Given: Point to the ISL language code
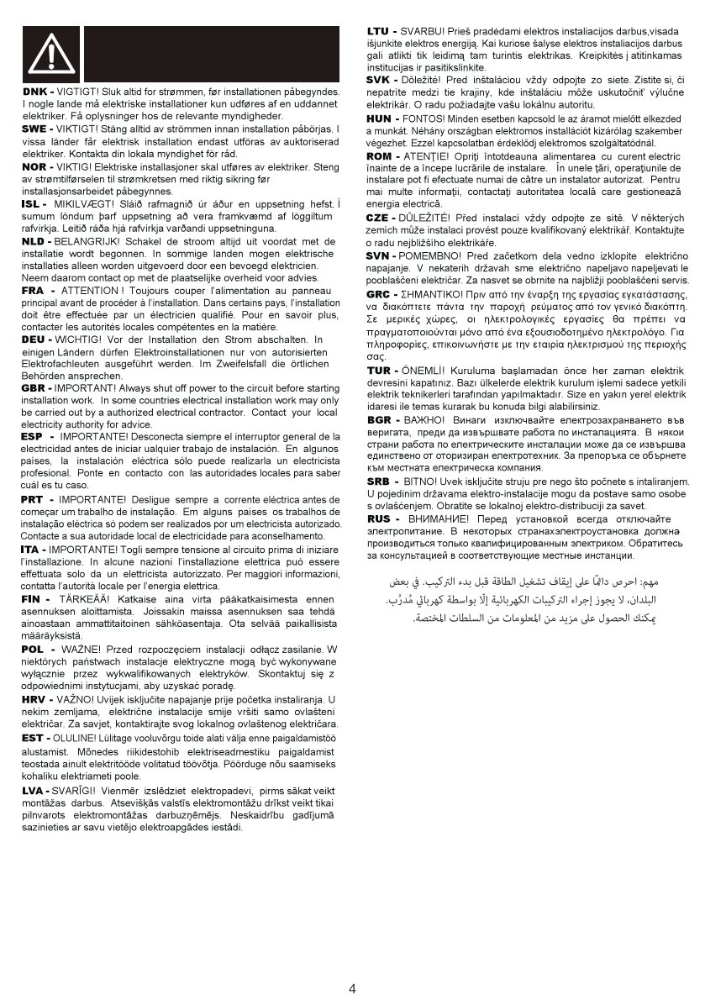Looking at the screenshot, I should pyautogui.click(x=33, y=204).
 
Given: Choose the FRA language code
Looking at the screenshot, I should pyautogui.click(x=34, y=289).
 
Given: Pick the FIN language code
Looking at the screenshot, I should pyautogui.click(x=33, y=598).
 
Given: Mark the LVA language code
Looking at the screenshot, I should pyautogui.click(x=34, y=790).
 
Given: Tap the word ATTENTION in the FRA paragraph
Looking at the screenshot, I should pyautogui.click(x=90, y=289).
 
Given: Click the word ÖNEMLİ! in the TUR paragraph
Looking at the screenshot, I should pyautogui.click(x=429, y=370).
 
